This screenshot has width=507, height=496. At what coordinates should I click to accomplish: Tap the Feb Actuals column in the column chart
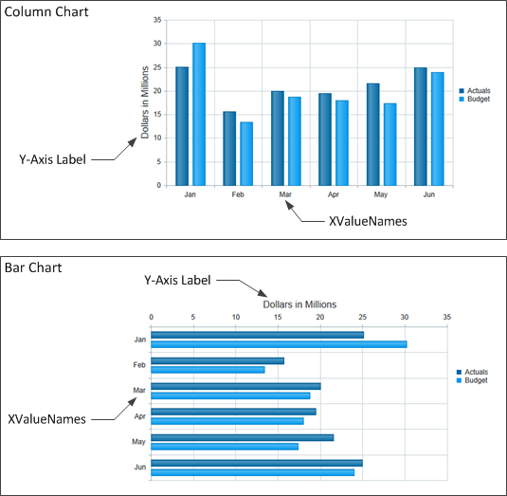click(229, 148)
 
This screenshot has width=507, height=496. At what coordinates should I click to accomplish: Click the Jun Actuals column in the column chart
click(420, 126)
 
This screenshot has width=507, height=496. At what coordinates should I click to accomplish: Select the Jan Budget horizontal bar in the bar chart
click(279, 344)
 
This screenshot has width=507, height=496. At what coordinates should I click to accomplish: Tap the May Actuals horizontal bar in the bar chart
click(242, 437)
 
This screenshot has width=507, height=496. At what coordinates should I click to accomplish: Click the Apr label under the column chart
click(333, 193)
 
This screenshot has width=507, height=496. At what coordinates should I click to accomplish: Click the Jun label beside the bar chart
click(139, 468)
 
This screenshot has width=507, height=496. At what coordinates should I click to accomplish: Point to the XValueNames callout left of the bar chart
click(47, 418)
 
